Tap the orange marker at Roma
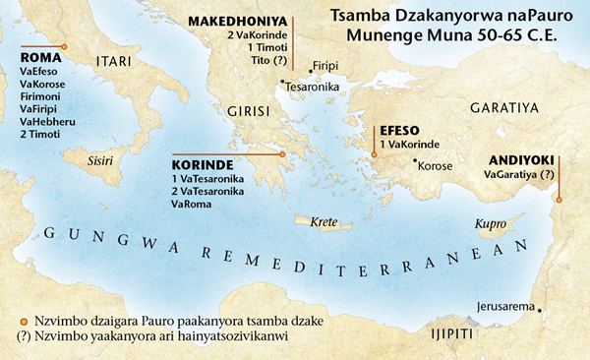point(64,46)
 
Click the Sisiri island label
point(103,157)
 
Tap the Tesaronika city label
point(314,86)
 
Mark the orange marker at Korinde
point(281,154)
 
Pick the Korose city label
point(435,165)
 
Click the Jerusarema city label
point(505,304)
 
